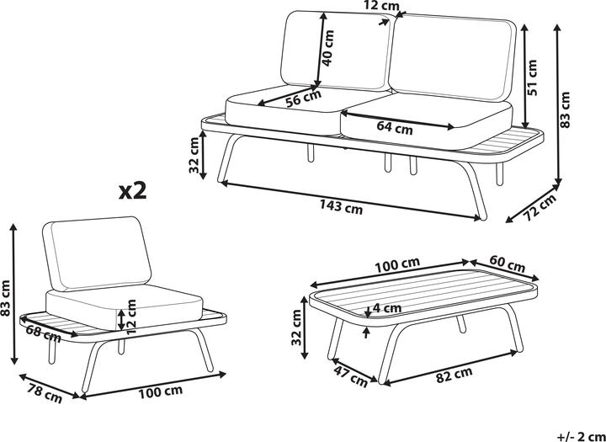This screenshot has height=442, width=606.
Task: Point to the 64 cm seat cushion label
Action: [394, 129]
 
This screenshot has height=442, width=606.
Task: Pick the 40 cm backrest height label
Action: [329, 48]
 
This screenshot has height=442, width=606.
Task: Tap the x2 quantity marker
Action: [132, 190]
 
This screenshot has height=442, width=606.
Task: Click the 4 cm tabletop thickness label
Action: [385, 309]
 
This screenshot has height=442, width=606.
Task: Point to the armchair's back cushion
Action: [92, 250]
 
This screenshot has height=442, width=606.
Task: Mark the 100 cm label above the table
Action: [397, 267]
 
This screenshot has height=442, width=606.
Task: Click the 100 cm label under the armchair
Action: [160, 391]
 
